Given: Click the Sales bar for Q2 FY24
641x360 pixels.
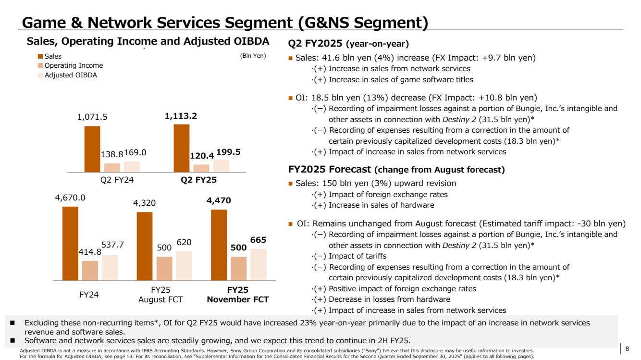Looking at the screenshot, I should (92, 149).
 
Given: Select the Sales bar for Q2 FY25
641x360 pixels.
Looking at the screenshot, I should (182, 148).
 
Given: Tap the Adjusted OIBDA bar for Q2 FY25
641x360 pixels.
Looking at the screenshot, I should (221, 165).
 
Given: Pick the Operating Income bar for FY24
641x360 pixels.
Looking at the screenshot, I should (90, 270).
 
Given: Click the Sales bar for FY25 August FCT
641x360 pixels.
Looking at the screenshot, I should (145, 246).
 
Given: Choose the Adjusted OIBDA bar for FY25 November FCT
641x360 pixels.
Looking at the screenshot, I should (258, 264).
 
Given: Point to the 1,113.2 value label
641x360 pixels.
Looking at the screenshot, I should (181, 116).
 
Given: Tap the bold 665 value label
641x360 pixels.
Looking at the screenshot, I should (258, 240).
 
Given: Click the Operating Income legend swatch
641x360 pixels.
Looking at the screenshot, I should (40, 65).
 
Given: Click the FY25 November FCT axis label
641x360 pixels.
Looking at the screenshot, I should (237, 295).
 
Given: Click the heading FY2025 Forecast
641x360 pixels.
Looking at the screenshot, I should (329, 169).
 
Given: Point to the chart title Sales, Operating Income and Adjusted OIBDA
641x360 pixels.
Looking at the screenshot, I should (148, 41).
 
